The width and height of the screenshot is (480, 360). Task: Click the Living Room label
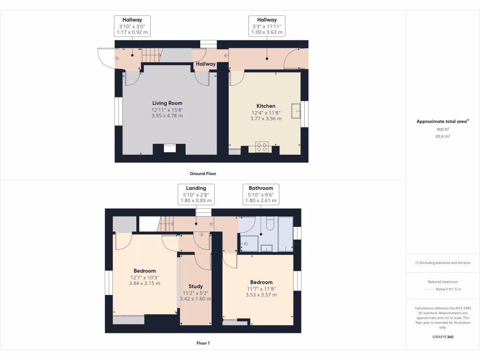[x=167, y=103]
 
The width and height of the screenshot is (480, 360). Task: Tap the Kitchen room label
[x=266, y=106]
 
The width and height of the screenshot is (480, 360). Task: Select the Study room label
[x=195, y=286]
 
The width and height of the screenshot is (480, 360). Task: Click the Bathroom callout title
[x=261, y=188]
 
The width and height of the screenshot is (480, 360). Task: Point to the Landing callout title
[x=196, y=188]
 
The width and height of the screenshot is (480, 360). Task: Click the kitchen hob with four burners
[x=262, y=147]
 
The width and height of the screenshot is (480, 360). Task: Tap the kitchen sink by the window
[x=296, y=111]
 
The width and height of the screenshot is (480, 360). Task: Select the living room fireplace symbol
[x=170, y=148]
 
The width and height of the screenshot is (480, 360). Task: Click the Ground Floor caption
[x=202, y=173]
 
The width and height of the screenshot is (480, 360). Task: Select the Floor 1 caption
[x=202, y=343]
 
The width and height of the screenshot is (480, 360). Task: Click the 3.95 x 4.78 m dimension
[x=167, y=115]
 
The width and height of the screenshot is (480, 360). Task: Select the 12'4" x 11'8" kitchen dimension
[x=266, y=112]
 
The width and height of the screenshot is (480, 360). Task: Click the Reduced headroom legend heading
[x=443, y=282]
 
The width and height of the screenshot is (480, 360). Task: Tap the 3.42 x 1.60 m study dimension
[x=195, y=299]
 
